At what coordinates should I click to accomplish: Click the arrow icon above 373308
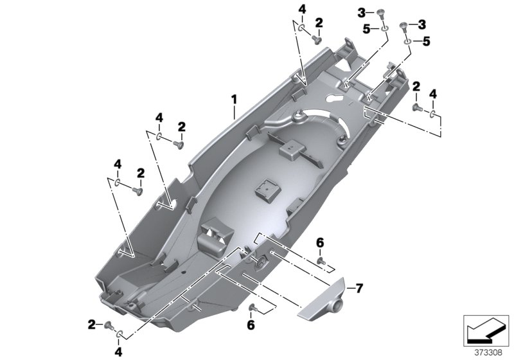[x=486, y=329]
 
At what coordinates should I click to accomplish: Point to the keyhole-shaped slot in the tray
[x=335, y=97]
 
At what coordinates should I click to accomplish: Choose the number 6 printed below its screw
[x=252, y=326]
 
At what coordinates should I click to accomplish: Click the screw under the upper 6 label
[x=322, y=262]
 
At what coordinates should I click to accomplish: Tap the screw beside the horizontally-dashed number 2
[x=108, y=324]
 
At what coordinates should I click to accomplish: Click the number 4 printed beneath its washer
[x=118, y=351]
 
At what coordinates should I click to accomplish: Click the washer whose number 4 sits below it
[x=120, y=333]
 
